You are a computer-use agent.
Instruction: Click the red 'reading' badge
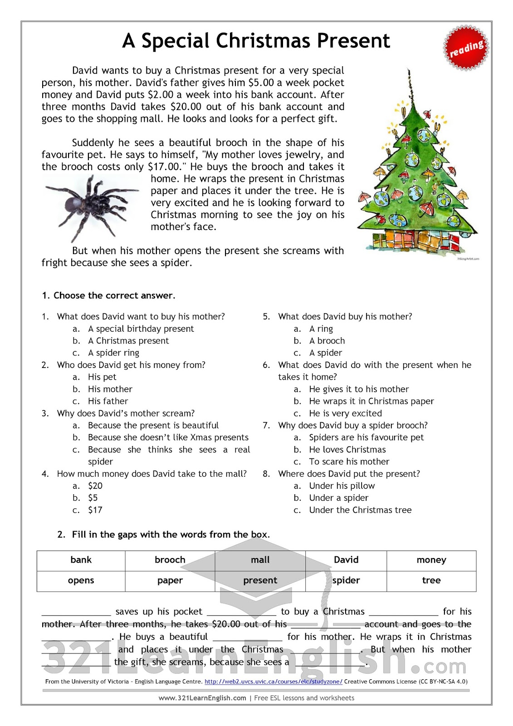[x=466, y=49]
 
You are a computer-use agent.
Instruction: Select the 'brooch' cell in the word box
[x=170, y=560]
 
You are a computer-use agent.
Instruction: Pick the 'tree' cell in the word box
[x=431, y=580]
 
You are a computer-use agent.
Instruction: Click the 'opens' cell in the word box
[x=81, y=580]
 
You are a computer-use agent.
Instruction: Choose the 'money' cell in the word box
[x=431, y=560]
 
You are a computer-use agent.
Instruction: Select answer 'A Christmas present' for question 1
[x=128, y=341]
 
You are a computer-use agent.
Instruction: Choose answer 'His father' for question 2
[x=108, y=401]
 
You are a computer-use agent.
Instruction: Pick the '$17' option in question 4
[x=95, y=510]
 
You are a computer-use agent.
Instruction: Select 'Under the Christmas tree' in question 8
[x=360, y=510]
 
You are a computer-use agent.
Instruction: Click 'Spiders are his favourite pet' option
[x=366, y=437]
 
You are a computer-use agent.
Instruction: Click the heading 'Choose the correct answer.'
[x=114, y=295]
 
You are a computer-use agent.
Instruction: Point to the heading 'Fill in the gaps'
[x=171, y=535]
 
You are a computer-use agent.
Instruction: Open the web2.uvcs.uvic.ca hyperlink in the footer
[x=274, y=682]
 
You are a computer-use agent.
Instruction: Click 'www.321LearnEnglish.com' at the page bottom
[x=202, y=698]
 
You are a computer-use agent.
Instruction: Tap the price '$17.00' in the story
[x=164, y=167]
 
